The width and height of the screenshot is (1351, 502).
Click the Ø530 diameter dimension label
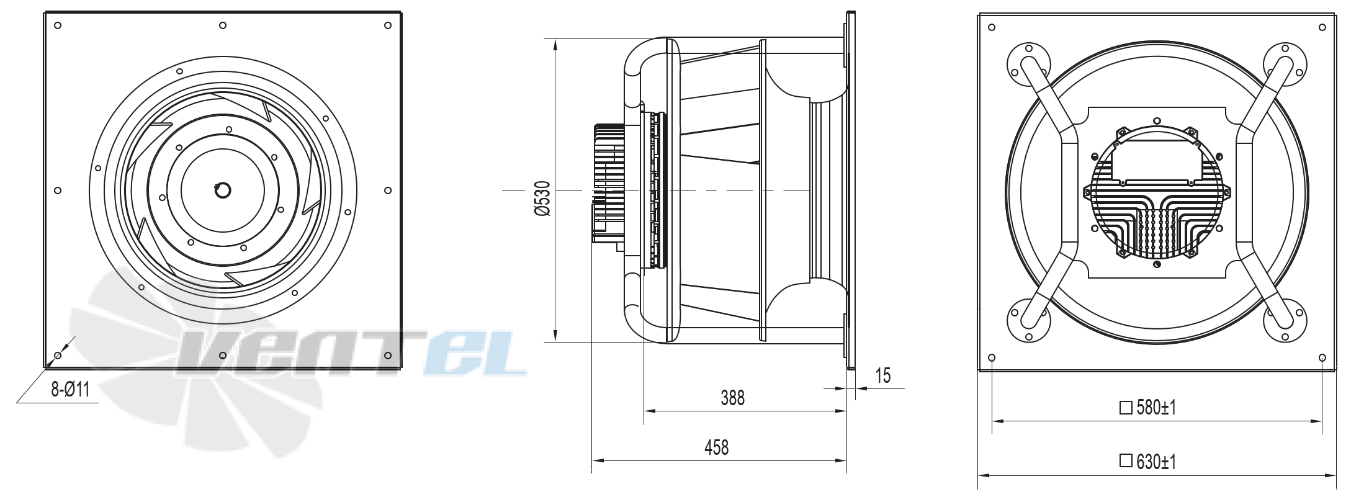542,199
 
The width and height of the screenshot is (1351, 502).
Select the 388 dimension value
732,398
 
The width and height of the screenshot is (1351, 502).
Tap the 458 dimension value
716,447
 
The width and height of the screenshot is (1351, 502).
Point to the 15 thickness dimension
882,375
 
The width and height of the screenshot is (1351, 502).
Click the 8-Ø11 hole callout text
71,389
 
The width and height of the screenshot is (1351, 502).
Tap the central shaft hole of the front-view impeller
222,190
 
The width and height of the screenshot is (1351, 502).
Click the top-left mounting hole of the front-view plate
58,25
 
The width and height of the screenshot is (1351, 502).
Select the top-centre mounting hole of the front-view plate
223,25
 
